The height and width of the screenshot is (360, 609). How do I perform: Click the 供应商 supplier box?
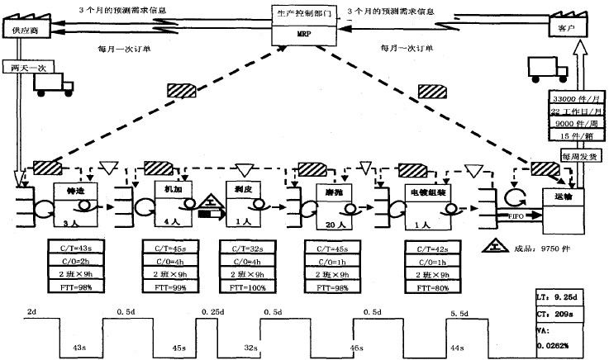(x=25, y=30)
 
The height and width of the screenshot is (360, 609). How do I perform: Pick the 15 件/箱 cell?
(x=570, y=135)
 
